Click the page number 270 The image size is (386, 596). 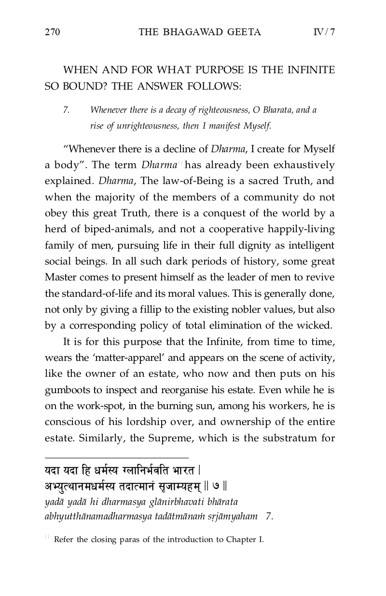pos(52,32)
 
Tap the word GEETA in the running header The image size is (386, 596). pos(244,32)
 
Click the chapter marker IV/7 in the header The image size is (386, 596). pos(324,32)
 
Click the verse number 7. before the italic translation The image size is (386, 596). pos(67,110)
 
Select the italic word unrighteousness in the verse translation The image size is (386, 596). pos(132,127)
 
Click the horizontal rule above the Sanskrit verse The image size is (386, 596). pos(116,458)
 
